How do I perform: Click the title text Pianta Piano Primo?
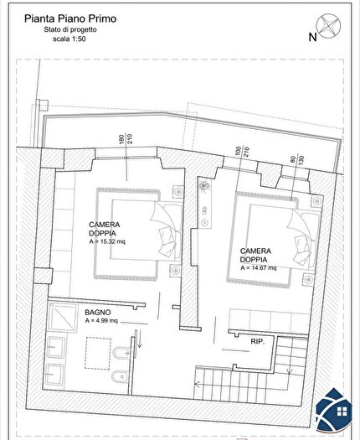pyautogui.click(x=69, y=17)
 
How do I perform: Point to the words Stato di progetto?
pyautogui.click(x=69, y=29)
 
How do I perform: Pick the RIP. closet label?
pyautogui.click(x=258, y=342)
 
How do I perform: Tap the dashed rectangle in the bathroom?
pyautogui.click(x=100, y=351)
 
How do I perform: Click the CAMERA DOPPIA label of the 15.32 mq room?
pyautogui.click(x=105, y=228)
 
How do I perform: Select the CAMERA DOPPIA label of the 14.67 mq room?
pyautogui.click(x=255, y=255)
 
